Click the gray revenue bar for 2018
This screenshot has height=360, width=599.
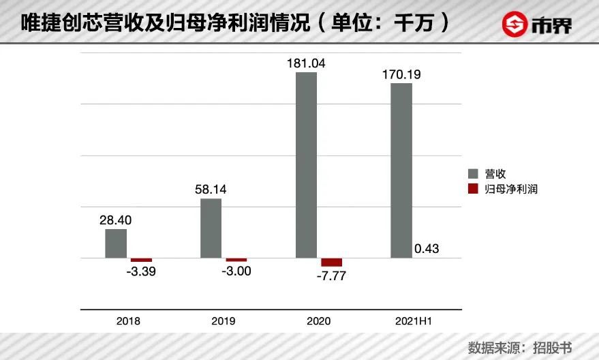coord(116,243)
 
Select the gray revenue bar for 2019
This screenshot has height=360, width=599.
coord(211,228)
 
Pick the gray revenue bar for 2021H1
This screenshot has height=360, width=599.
coord(401,170)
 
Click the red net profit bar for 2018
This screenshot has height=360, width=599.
coord(141,260)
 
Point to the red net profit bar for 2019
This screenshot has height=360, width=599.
coord(236,260)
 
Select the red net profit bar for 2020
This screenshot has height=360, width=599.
coord(332,262)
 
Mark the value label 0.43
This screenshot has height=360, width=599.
coord(427,249)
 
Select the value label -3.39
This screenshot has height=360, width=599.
coord(146,271)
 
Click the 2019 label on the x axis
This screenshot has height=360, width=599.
coord(224,320)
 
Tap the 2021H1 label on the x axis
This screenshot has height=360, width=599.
coord(414,320)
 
